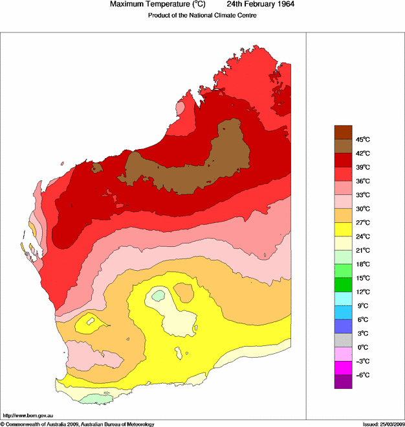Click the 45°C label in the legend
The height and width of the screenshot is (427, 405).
pyautogui.click(x=362, y=139)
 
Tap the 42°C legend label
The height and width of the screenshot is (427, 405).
pyautogui.click(x=362, y=154)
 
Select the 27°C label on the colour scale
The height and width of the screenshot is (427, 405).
pyautogui.click(x=362, y=223)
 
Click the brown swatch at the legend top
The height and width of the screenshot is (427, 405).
pyautogui.click(x=343, y=132)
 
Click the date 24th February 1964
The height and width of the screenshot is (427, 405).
pyautogui.click(x=257, y=5)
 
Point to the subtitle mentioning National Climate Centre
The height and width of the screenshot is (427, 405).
pyautogui.click(x=198, y=16)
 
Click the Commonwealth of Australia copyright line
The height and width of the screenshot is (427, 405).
pyautogui.click(x=78, y=424)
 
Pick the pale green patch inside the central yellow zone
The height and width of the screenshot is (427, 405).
pyautogui.click(x=157, y=296)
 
